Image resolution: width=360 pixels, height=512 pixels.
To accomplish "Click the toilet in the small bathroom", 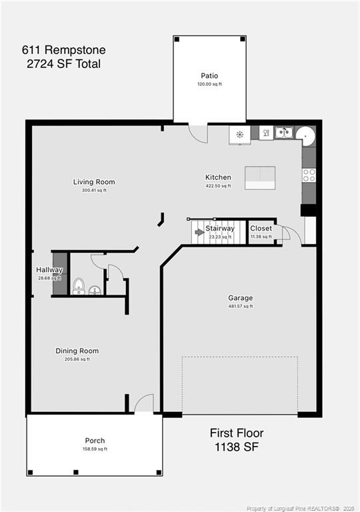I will [x=79, y=287].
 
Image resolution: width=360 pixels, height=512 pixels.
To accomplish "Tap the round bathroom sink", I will [x=95, y=290].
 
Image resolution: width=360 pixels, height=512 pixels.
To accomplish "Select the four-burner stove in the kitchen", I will [x=309, y=175].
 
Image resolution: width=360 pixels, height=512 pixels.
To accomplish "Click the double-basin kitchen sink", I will [x=283, y=133].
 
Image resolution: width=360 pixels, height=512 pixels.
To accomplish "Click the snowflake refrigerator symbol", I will [x=239, y=134].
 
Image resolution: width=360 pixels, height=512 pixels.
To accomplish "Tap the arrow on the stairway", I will [x=199, y=232].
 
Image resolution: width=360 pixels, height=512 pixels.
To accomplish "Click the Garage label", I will [x=240, y=298].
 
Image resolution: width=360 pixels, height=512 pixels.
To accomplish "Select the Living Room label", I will [x=94, y=182].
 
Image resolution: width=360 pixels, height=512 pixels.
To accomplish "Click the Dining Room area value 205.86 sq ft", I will [x=77, y=359].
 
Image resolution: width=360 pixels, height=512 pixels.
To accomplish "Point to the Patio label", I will [x=209, y=76].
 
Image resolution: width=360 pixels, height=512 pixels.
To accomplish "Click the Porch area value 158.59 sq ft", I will [x=95, y=449].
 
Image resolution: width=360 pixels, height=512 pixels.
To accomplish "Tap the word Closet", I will [x=261, y=229].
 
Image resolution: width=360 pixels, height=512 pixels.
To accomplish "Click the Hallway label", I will [x=49, y=270].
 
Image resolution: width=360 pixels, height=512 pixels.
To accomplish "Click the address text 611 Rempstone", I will [x=63, y=50].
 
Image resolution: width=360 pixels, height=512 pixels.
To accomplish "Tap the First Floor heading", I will [x=237, y=433].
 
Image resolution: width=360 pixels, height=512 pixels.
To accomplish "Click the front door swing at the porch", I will [x=144, y=404].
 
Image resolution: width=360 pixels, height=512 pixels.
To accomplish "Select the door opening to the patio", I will [x=197, y=133].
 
